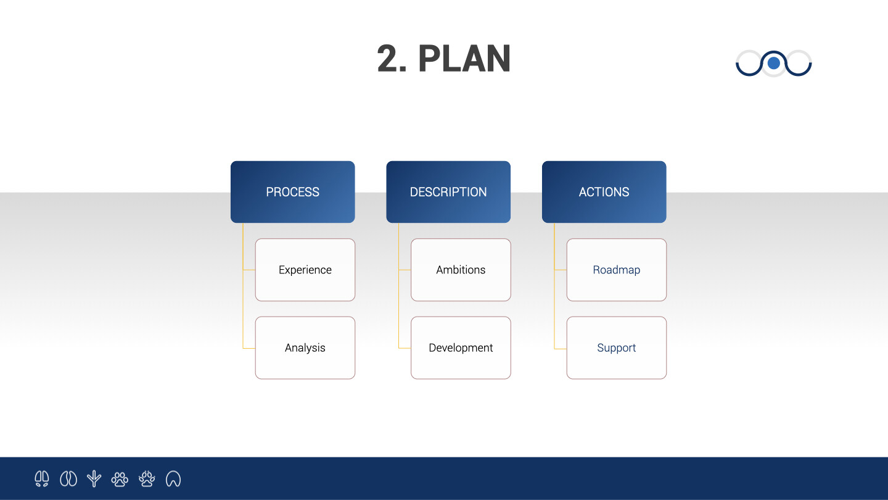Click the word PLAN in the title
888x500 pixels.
pos(464,59)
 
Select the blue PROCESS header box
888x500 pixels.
pos(292,191)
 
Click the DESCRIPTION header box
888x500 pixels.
pos(448,191)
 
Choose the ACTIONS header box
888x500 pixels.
pos(604,191)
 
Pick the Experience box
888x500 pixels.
pos(305,270)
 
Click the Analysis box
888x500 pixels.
pos(305,348)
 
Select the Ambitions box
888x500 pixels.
pos(461,270)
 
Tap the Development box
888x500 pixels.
pos(461,348)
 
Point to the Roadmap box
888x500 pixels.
pos(617,270)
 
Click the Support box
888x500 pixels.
pos(617,348)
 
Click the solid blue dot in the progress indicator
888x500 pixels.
pos(774,63)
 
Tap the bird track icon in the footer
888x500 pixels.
pos(94,478)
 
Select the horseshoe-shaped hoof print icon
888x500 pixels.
pos(173,478)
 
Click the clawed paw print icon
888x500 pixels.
pos(147,478)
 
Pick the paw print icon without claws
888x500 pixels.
pos(120,479)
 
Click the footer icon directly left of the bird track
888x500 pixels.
pos(68,478)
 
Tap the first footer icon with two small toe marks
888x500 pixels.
pos(42,478)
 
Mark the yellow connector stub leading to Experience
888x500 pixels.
pos(249,270)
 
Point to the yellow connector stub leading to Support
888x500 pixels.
pos(560,349)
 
